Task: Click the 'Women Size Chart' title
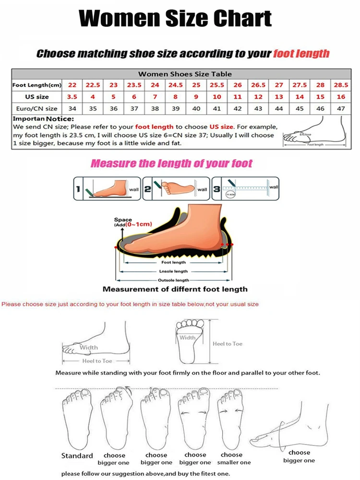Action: tap(175, 19)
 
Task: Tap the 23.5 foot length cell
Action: tap(134, 85)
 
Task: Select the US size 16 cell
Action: tap(341, 97)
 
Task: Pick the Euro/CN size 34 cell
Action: tap(72, 108)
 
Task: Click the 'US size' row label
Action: tap(36, 97)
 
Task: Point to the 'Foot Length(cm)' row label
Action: tap(37, 85)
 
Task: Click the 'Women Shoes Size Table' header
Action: tap(185, 74)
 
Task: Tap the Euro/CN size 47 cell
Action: tap(341, 108)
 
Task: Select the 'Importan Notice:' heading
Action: tap(43, 119)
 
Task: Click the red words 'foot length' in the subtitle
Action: tap(301, 53)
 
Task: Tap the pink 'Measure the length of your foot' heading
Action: tap(172, 164)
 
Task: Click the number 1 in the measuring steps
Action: tap(77, 190)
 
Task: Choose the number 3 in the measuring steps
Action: tap(216, 190)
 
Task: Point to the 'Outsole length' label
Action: tap(173, 280)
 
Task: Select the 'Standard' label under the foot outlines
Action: tap(77, 456)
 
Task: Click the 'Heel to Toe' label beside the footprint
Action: tap(228, 344)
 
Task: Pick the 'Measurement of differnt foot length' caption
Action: tap(175, 289)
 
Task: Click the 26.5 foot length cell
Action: tap(258, 85)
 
